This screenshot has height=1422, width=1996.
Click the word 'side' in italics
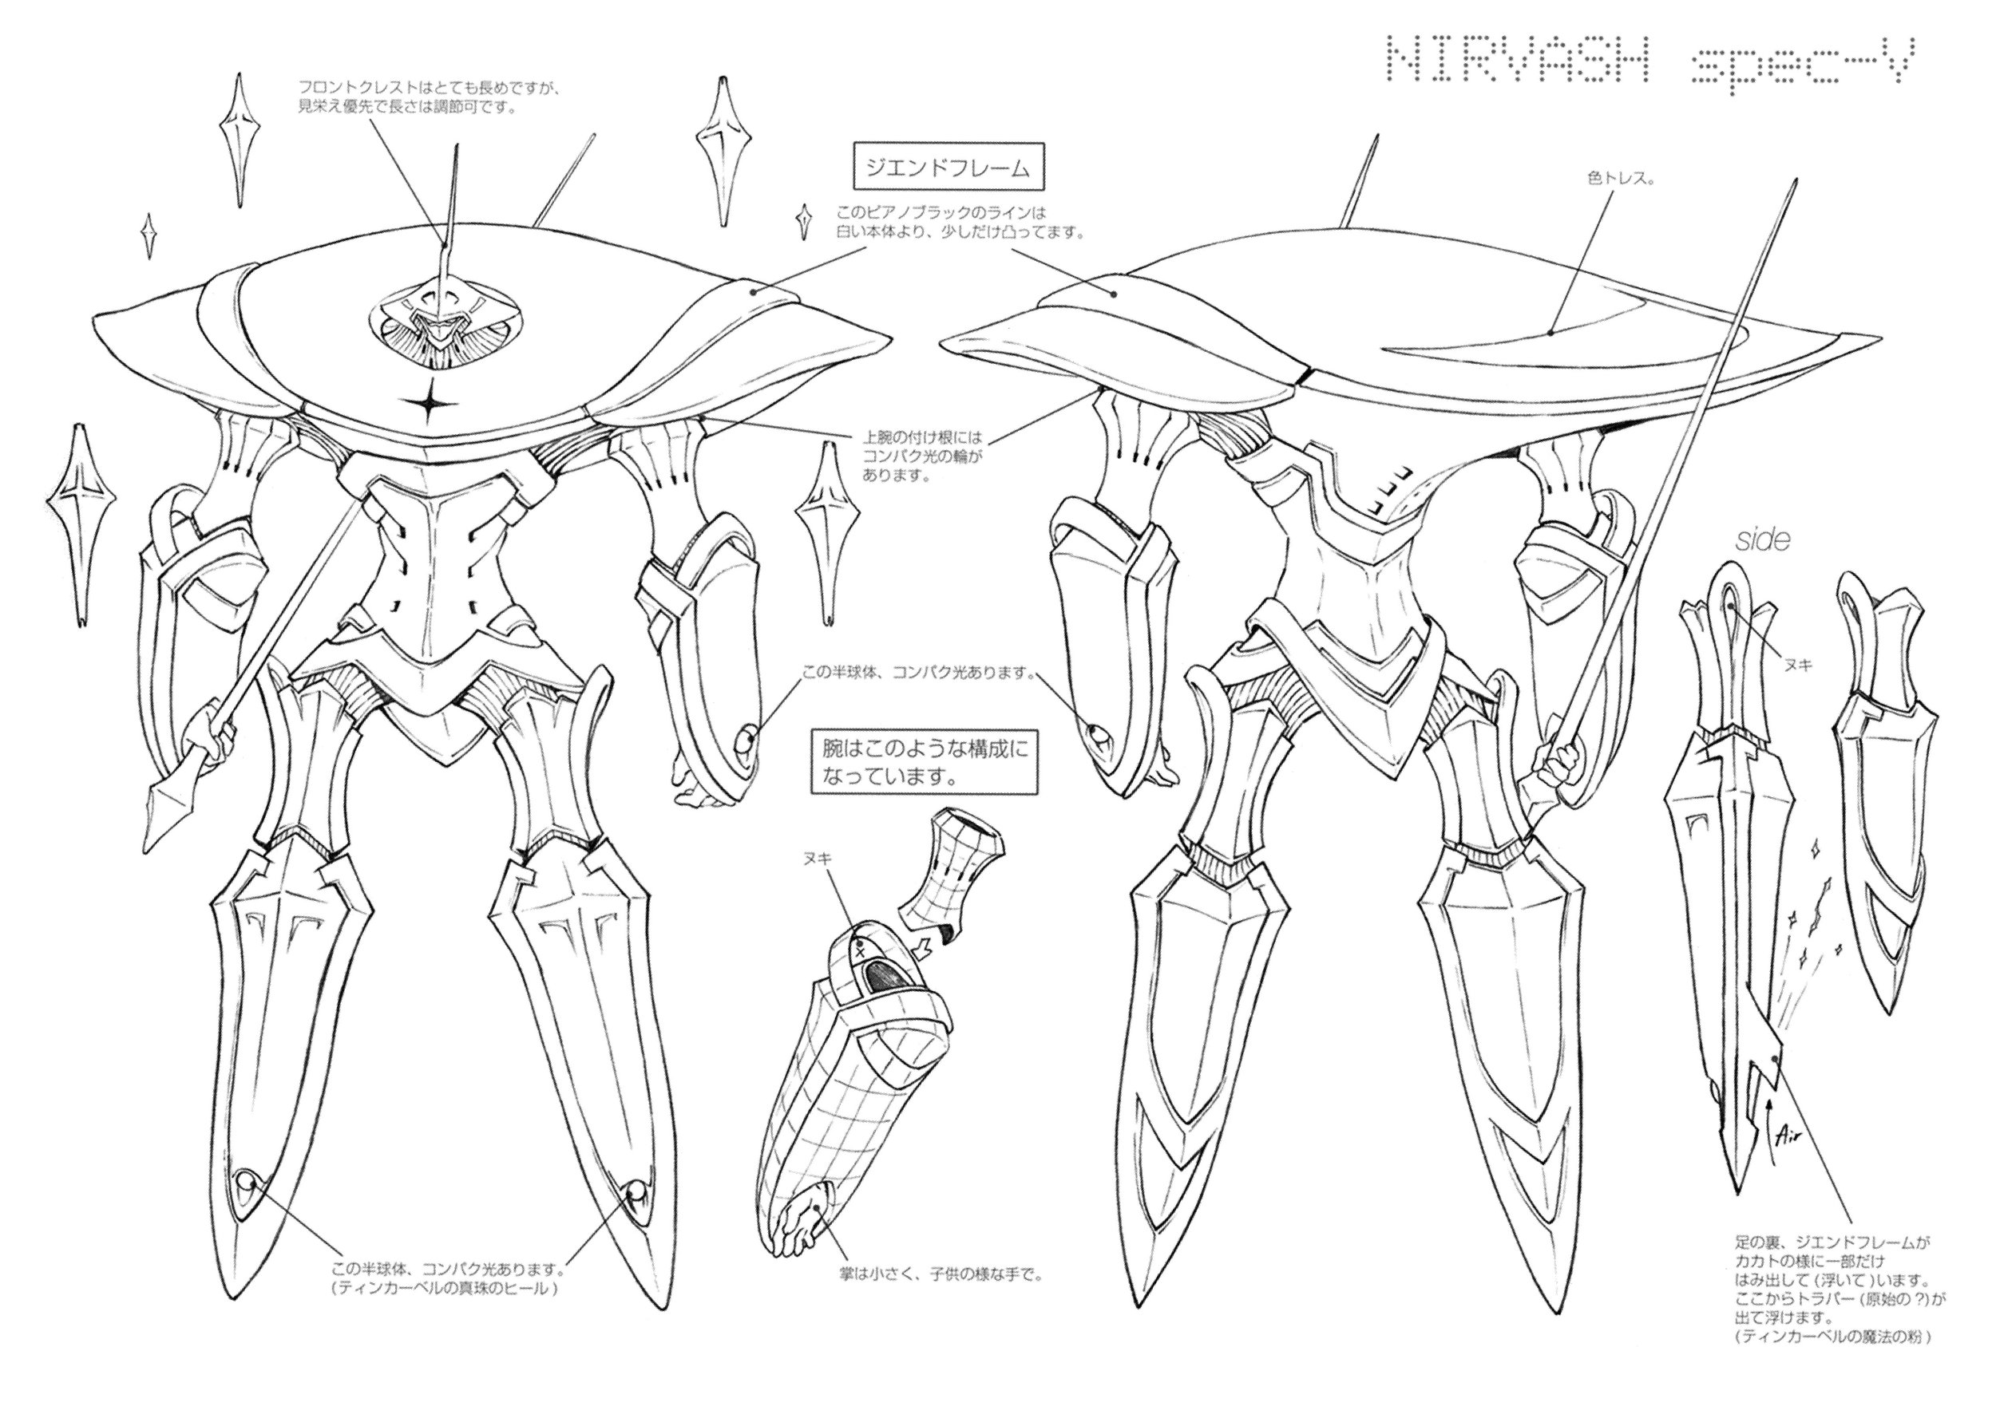point(1762,540)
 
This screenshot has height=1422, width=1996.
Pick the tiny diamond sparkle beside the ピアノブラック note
point(802,221)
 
